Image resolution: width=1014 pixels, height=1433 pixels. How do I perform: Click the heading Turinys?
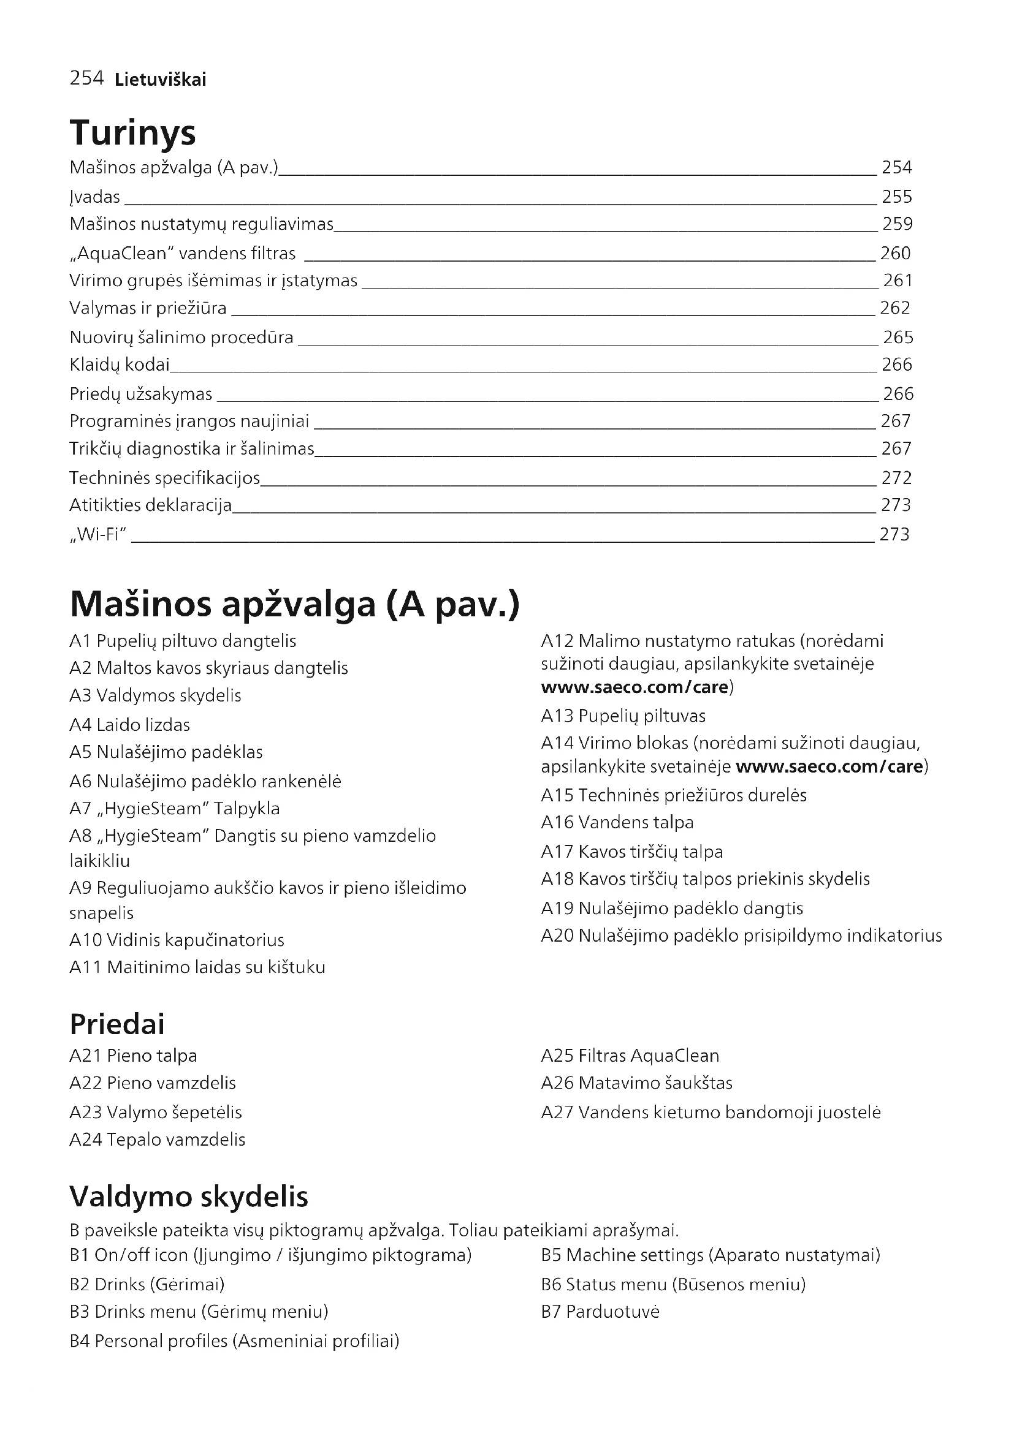pyautogui.click(x=132, y=133)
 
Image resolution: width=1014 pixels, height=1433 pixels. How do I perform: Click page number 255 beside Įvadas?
pyautogui.click(x=897, y=197)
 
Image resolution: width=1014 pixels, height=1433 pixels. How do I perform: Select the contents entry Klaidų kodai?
pyautogui.click(x=120, y=365)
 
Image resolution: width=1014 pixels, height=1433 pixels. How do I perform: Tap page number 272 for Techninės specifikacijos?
pyautogui.click(x=897, y=478)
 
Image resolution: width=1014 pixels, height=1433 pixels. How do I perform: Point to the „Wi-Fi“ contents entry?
pyautogui.click(x=98, y=534)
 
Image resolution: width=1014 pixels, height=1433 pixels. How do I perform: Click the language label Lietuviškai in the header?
pyautogui.click(x=161, y=79)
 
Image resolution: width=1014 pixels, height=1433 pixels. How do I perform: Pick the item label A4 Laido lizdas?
pyautogui.click(x=130, y=725)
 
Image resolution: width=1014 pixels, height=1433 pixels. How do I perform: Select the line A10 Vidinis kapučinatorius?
pyautogui.click(x=177, y=940)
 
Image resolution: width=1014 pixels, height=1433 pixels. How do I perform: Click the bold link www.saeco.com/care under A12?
pyautogui.click(x=635, y=687)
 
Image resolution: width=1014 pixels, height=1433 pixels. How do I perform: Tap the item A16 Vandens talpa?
pyautogui.click(x=617, y=822)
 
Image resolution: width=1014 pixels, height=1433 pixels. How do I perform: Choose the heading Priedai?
pyautogui.click(x=117, y=1024)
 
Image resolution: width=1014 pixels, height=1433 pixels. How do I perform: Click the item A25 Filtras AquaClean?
pyautogui.click(x=630, y=1056)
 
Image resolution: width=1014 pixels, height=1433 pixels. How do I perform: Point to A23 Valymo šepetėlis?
pyautogui.click(x=156, y=1112)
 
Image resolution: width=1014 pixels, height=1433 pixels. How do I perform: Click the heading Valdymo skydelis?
pyautogui.click(x=189, y=1197)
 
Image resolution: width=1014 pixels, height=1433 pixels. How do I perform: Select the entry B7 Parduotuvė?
pyautogui.click(x=600, y=1311)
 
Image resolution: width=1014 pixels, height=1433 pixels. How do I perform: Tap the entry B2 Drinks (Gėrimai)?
pyautogui.click(x=147, y=1284)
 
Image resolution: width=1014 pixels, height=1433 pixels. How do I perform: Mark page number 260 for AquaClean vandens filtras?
pyautogui.click(x=895, y=254)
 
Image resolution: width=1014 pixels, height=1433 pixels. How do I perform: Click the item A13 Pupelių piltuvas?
pyautogui.click(x=623, y=715)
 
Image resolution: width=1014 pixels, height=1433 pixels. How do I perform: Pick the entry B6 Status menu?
pyautogui.click(x=673, y=1284)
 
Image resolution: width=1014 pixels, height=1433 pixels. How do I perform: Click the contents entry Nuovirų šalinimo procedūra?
pyautogui.click(x=181, y=338)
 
